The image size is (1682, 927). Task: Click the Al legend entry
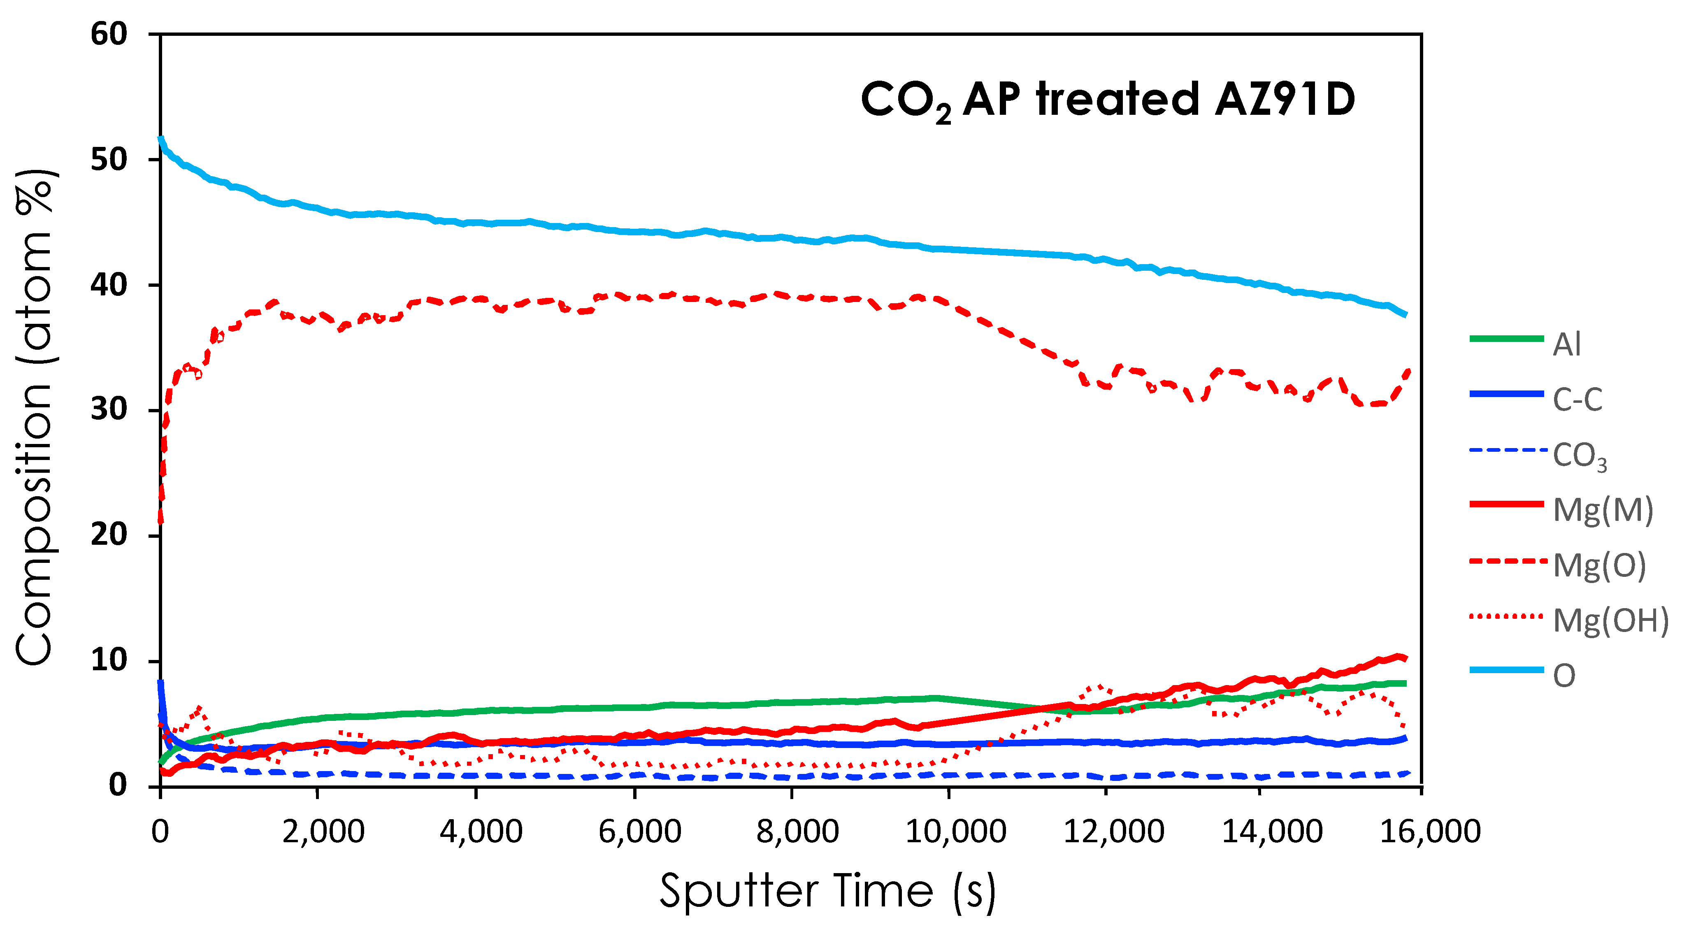(1566, 344)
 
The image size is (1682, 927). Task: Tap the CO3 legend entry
(1579, 455)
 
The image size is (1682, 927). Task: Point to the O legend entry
(1564, 675)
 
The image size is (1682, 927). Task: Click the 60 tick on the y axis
(109, 34)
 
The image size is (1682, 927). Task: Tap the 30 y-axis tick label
(109, 410)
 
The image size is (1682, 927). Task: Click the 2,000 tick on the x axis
(323, 832)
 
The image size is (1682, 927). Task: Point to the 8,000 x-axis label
(797, 832)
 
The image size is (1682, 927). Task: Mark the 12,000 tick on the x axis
(1113, 832)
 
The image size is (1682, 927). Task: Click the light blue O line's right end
(1405, 315)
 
